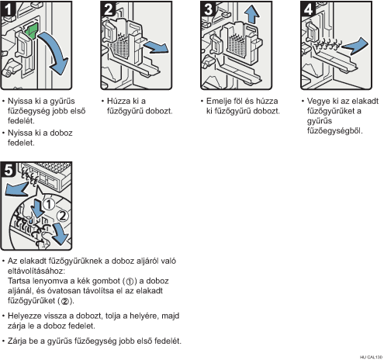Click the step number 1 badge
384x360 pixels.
pyautogui.click(x=8, y=9)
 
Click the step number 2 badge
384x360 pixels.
pyautogui.click(x=108, y=9)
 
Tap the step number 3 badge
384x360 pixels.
pyautogui.click(x=208, y=9)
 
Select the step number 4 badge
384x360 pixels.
pyautogui.click(x=308, y=9)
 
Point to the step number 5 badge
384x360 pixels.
pyautogui.click(x=9, y=170)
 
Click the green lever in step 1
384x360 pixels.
pyautogui.click(x=31, y=31)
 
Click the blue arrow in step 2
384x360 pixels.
pyautogui.click(x=156, y=47)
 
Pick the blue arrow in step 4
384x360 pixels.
pyautogui.click(x=355, y=46)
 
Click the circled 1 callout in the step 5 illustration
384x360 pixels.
pyautogui.click(x=48, y=204)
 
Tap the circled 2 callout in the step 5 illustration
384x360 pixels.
pyautogui.click(x=62, y=216)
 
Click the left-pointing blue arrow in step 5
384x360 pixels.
pyautogui.click(x=16, y=188)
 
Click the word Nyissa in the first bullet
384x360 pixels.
pyautogui.click(x=20, y=101)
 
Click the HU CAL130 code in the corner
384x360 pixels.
pyautogui.click(x=371, y=357)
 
